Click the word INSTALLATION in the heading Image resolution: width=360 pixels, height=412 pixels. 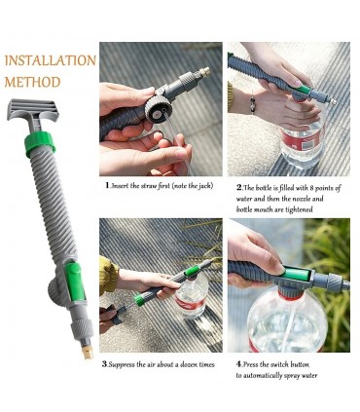(51, 60)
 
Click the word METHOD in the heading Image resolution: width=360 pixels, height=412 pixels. (32, 82)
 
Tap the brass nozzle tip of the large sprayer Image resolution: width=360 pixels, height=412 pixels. (88, 352)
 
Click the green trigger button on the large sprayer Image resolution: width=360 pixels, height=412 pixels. (75, 281)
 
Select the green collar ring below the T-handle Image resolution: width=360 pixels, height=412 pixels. (40, 142)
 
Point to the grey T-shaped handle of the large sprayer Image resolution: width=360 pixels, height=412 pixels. (32, 113)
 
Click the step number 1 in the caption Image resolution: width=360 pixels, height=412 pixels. (107, 185)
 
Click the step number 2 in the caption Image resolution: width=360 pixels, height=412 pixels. (239, 187)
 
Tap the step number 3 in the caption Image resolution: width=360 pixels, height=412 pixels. (104, 364)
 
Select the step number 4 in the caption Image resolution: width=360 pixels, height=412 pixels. (239, 364)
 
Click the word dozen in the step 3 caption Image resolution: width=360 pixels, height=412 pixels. (186, 364)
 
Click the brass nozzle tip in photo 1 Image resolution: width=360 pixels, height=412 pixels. (205, 72)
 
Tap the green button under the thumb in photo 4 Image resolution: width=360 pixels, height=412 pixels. (297, 274)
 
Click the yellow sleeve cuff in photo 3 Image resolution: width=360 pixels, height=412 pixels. (108, 274)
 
